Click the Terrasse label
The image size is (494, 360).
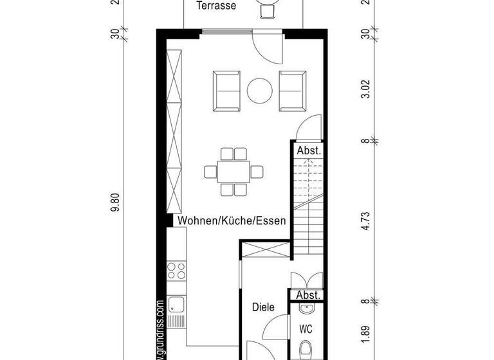pos(216,6)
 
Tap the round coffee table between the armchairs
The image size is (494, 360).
pos(261,91)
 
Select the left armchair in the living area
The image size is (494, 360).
pos(226,91)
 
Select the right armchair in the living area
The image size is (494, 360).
pos(293,91)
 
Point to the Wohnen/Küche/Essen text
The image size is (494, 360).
pos(232,221)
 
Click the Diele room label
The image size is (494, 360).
pos(263,308)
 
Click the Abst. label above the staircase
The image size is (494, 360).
pos(308,150)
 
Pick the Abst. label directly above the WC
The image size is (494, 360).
pos(308,295)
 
